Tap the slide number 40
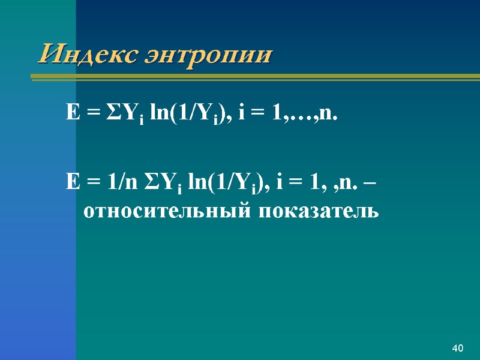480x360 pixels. [458, 349]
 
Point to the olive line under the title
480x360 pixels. [252, 77]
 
